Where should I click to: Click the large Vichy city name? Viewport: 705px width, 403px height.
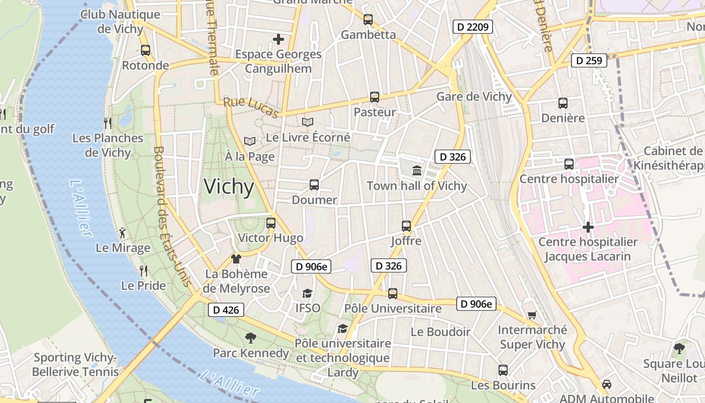click(x=229, y=187)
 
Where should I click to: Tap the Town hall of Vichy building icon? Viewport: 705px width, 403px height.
click(x=417, y=171)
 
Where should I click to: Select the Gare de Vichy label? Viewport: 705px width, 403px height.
click(x=474, y=97)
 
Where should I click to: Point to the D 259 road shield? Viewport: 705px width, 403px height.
click(x=589, y=61)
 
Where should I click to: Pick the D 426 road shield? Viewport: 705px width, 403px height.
click(x=226, y=310)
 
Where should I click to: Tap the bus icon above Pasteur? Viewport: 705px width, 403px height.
click(x=374, y=97)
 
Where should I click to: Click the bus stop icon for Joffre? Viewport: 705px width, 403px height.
click(x=406, y=226)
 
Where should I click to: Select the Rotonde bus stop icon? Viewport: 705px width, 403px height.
click(x=146, y=50)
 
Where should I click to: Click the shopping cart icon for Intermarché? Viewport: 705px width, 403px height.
click(x=532, y=315)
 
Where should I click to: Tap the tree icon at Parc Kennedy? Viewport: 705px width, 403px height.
click(x=250, y=338)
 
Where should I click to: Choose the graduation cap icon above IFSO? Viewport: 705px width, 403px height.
click(x=307, y=293)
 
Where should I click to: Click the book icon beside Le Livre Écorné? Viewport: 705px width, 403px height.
click(x=307, y=122)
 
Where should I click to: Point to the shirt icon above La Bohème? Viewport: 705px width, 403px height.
click(x=236, y=259)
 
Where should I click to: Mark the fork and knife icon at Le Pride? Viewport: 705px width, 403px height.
click(x=144, y=271)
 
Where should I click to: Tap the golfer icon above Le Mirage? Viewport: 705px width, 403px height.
click(x=122, y=233)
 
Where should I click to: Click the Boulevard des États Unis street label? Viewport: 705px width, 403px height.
click(x=172, y=217)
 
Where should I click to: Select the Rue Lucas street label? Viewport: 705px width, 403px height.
click(x=250, y=107)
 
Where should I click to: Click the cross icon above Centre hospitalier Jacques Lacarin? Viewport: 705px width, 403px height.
click(x=588, y=228)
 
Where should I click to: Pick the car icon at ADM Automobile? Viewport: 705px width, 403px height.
click(x=607, y=384)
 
